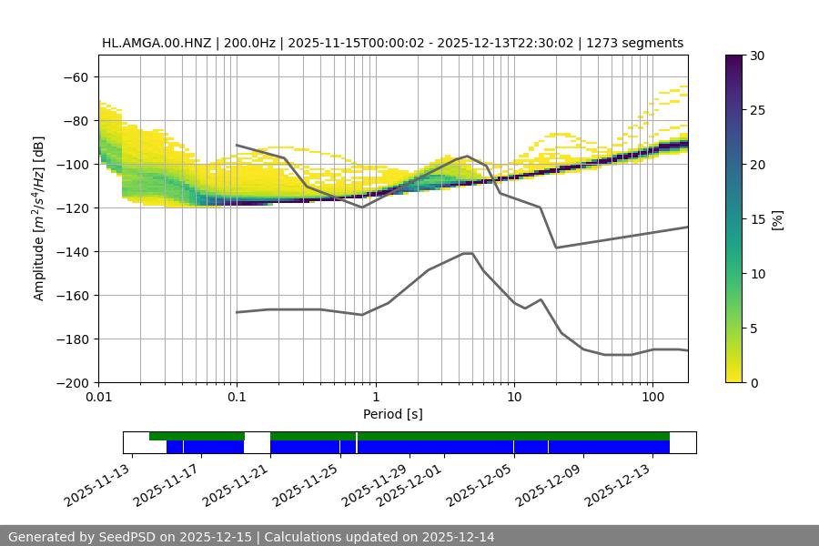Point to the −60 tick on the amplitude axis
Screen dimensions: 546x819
coord(75,76)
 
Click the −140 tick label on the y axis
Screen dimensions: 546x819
coord(71,251)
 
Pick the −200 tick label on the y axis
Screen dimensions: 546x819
coord(71,382)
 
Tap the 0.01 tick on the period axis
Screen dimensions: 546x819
coord(99,398)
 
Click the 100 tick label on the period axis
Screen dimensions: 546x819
coord(652,398)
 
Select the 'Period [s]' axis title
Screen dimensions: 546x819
coord(393,414)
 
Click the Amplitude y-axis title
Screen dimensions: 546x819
coord(39,218)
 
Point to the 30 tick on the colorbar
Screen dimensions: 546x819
coord(757,56)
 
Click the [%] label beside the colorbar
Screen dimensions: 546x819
coord(777,218)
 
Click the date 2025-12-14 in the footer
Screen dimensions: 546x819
coord(459,537)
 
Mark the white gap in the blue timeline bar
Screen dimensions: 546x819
coord(257,447)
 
